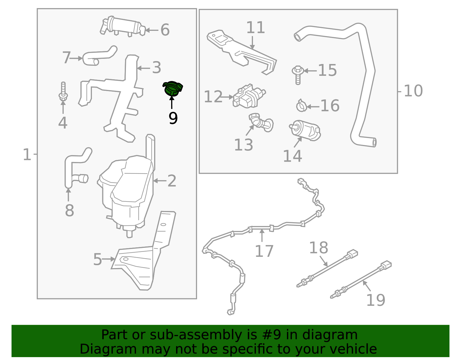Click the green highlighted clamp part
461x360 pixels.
point(173,88)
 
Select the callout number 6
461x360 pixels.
point(165,30)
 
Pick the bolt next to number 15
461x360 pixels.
point(298,74)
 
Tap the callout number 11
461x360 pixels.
point(255,28)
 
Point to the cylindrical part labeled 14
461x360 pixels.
point(305,131)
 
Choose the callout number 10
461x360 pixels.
point(413,91)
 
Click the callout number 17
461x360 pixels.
point(264,251)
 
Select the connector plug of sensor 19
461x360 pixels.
point(386,265)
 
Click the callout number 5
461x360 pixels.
point(97,259)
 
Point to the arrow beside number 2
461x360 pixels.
point(160,181)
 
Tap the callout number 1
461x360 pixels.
point(27,154)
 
